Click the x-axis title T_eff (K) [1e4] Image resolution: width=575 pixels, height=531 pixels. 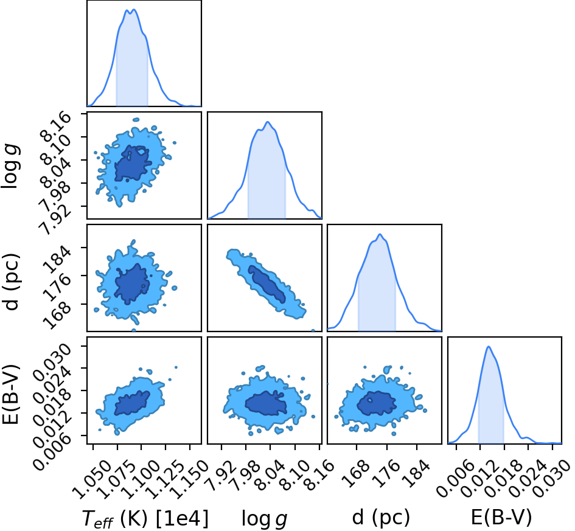pos(145,519)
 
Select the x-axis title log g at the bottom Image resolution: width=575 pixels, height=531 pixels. pos(265,519)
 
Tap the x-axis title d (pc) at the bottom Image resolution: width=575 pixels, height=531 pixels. pos(381,518)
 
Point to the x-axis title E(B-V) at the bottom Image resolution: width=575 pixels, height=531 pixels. pos(501,518)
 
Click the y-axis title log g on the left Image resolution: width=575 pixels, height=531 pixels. pos(10,167)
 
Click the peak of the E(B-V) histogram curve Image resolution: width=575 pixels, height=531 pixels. pos(489,346)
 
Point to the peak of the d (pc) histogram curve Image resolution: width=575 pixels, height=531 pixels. pos(380,234)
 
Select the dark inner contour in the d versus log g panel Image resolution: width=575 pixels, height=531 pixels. pos(267,284)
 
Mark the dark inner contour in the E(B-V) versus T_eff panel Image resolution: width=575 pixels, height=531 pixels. pos(132,403)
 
